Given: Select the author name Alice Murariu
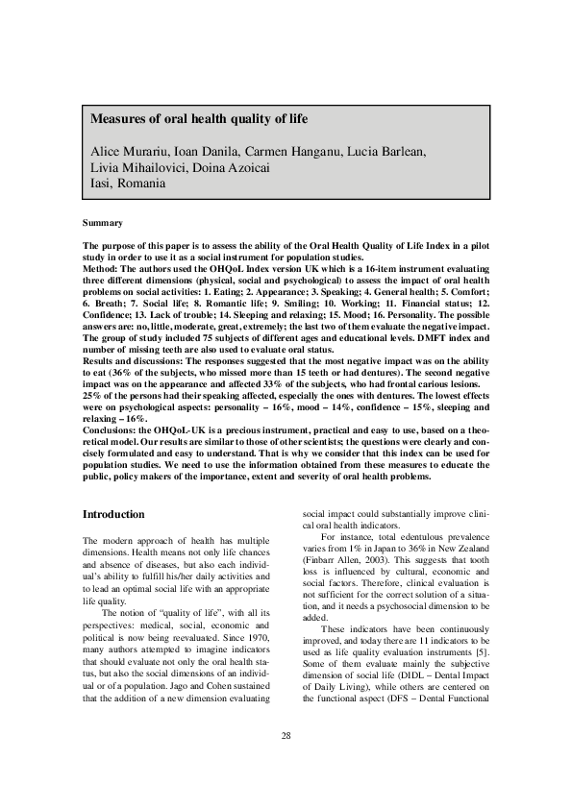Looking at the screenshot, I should [x=128, y=152].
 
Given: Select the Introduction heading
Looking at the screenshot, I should [x=114, y=514].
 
